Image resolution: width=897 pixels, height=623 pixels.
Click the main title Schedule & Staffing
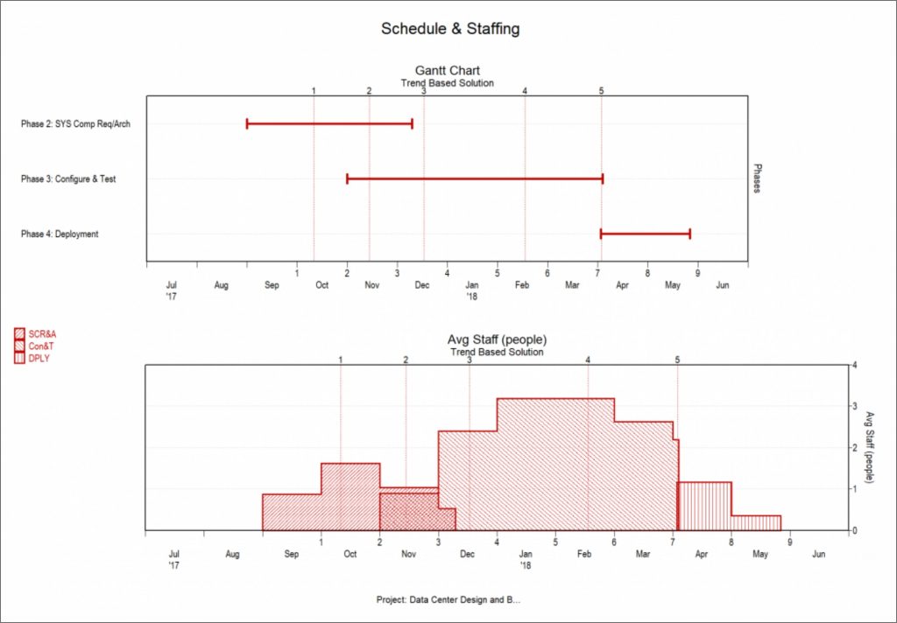pyautogui.click(x=449, y=29)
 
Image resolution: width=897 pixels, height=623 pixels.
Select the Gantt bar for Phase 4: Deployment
pyautogui.click(x=645, y=234)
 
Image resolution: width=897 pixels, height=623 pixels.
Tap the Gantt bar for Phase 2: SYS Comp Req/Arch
pyautogui.click(x=329, y=123)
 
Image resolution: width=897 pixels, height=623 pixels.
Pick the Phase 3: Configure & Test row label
pyautogui.click(x=68, y=179)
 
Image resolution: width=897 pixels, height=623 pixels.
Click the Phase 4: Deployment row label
pyautogui.click(x=60, y=234)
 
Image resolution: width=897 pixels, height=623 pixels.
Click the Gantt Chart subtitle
pyautogui.click(x=447, y=71)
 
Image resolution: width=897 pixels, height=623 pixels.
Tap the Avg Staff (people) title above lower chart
pyautogui.click(x=497, y=339)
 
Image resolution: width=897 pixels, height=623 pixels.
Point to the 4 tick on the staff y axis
pyautogui.click(x=854, y=366)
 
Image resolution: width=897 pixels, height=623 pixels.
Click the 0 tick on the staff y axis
pyautogui.click(x=854, y=530)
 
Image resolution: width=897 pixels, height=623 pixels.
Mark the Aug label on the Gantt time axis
pyautogui.click(x=221, y=285)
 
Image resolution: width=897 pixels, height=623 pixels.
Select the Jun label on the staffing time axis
pyautogui.click(x=818, y=554)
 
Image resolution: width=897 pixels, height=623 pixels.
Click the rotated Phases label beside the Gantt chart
pyautogui.click(x=758, y=178)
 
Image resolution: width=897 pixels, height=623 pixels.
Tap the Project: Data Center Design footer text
pyautogui.click(x=448, y=600)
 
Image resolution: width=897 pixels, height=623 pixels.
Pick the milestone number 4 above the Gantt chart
pyautogui.click(x=525, y=91)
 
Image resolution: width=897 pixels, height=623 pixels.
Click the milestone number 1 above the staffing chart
pyautogui.click(x=340, y=360)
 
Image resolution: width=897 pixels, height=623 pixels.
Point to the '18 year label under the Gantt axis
pyautogui.click(x=471, y=297)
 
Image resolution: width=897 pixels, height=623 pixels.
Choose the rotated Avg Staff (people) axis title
pyautogui.click(x=868, y=447)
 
